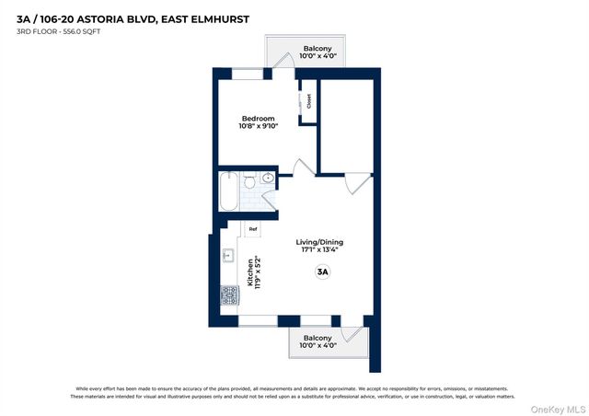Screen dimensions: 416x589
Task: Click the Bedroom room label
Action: pos(258,119)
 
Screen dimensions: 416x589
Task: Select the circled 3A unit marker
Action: pos(322,272)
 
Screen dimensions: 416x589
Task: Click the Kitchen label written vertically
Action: pos(248,272)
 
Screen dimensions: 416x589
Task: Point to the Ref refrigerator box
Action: pos(251,228)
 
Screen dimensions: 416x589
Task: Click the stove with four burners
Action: pos(228,295)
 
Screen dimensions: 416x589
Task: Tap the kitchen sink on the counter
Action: pos(227,257)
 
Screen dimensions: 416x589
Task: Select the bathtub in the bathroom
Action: pos(228,191)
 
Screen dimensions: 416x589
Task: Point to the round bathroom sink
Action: pos(268,178)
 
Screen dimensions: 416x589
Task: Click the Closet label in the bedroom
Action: pos(308,101)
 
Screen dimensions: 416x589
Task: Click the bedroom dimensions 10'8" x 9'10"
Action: pos(258,127)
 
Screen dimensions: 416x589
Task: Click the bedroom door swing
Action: pos(299,168)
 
